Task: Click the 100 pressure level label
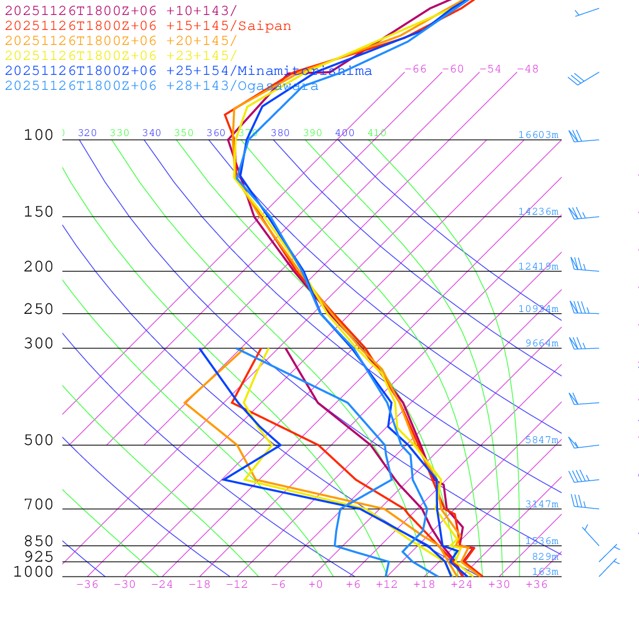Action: click(x=39, y=135)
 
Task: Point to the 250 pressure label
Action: click(x=39, y=310)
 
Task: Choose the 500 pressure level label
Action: click(x=39, y=441)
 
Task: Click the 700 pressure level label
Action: click(x=39, y=505)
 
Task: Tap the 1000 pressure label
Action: click(x=34, y=572)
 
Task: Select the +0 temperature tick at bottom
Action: click(x=316, y=585)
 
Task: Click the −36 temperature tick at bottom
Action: click(x=87, y=585)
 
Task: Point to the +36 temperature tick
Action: click(x=537, y=585)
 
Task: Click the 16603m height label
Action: click(x=539, y=135)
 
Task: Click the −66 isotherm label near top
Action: click(x=416, y=69)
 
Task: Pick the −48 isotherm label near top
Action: click(x=528, y=69)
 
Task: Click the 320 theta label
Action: click(x=87, y=133)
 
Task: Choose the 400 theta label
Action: click(x=344, y=133)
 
